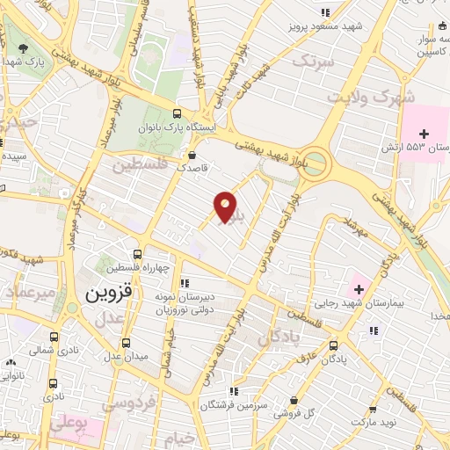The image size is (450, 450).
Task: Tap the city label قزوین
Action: pos(110,296)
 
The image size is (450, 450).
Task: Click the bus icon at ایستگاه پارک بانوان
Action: pos(178,113)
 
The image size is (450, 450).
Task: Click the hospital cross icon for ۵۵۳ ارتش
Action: pos(424,134)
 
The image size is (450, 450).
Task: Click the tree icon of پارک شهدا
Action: pos(23,48)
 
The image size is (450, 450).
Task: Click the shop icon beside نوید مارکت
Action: pos(374,410)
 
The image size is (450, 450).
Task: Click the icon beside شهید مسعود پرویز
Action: pos(326,12)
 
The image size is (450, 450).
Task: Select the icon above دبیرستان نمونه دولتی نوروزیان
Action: pos(185,283)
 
